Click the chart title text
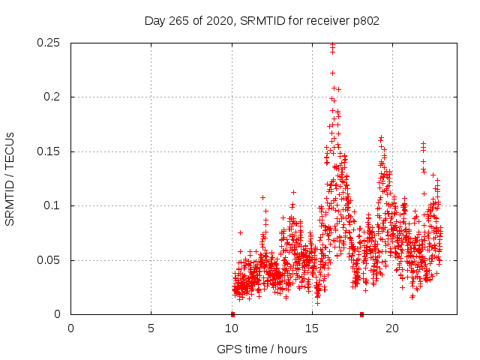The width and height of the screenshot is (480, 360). [262, 21]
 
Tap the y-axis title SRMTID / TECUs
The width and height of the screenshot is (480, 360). [10, 178]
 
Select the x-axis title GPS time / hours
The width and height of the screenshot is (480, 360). [262, 349]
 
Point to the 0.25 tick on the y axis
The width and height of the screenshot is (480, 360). [49, 43]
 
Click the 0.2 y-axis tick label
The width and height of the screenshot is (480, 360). [52, 97]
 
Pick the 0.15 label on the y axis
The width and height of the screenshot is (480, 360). [49, 151]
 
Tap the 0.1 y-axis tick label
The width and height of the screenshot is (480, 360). [52, 206]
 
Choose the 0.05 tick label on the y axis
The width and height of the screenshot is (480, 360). [49, 260]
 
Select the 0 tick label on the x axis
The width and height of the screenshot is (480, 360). [71, 328]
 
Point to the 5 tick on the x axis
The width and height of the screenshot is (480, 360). [151, 328]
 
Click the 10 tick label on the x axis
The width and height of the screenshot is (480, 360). [232, 328]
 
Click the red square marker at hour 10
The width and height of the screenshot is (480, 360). [232, 314]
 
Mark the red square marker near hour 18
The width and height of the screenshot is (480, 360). [361, 314]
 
